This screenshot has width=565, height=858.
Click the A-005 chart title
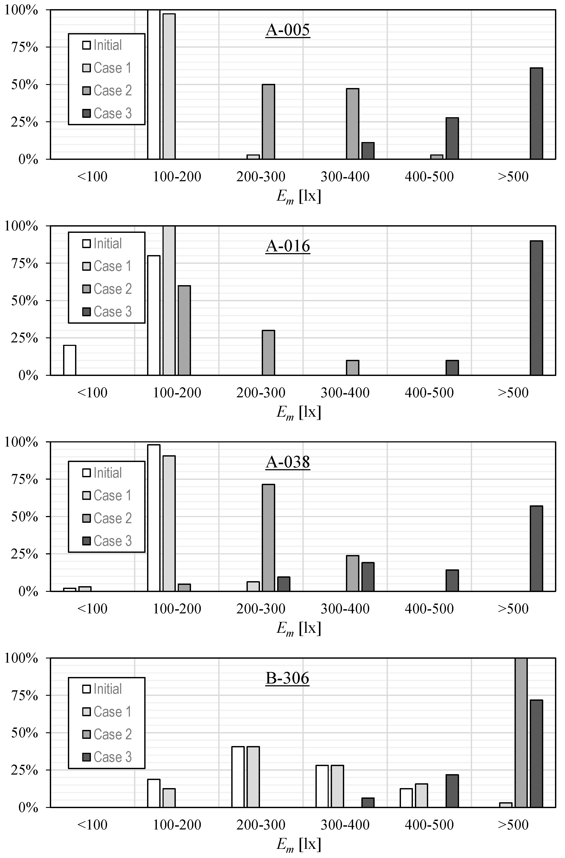pyautogui.click(x=288, y=30)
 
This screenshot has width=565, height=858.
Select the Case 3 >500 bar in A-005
pyautogui.click(x=536, y=114)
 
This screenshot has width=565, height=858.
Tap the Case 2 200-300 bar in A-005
pyautogui.click(x=268, y=122)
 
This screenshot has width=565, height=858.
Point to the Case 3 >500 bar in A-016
pyautogui.click(x=536, y=308)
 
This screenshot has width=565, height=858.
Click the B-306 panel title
pyautogui.click(x=288, y=678)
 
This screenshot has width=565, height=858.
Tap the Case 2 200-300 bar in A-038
pyautogui.click(x=268, y=538)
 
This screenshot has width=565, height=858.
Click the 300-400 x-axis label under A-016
pyautogui.click(x=345, y=393)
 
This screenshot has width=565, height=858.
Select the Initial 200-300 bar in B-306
pyautogui.click(x=238, y=777)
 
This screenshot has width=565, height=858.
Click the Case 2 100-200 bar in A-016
pyautogui.click(x=184, y=330)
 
